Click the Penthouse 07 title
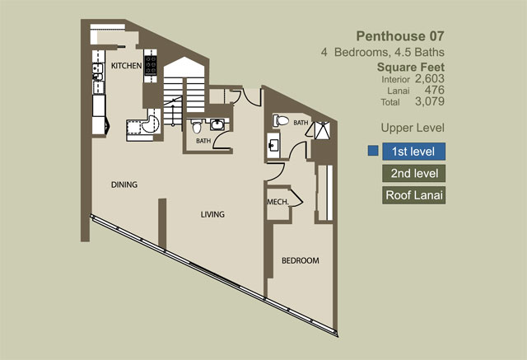pos(400,36)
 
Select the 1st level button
pos(413,152)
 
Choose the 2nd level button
pos(413,174)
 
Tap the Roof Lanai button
pos(413,195)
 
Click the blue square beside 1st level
pos(373,151)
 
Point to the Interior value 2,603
pos(430,78)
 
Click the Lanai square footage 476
pos(434,90)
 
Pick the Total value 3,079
pos(430,101)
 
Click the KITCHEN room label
pos(126,66)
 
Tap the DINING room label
pos(124,185)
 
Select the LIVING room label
pos(212,214)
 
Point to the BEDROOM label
pos(300,260)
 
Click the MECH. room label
pos(278,202)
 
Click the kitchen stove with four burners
pos(150,65)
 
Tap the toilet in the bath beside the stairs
pos(197,126)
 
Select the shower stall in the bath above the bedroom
pos(322,130)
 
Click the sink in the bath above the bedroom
pos(273,146)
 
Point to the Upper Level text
pos(413,128)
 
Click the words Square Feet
pos(411,68)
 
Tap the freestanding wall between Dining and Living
pos(162,224)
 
